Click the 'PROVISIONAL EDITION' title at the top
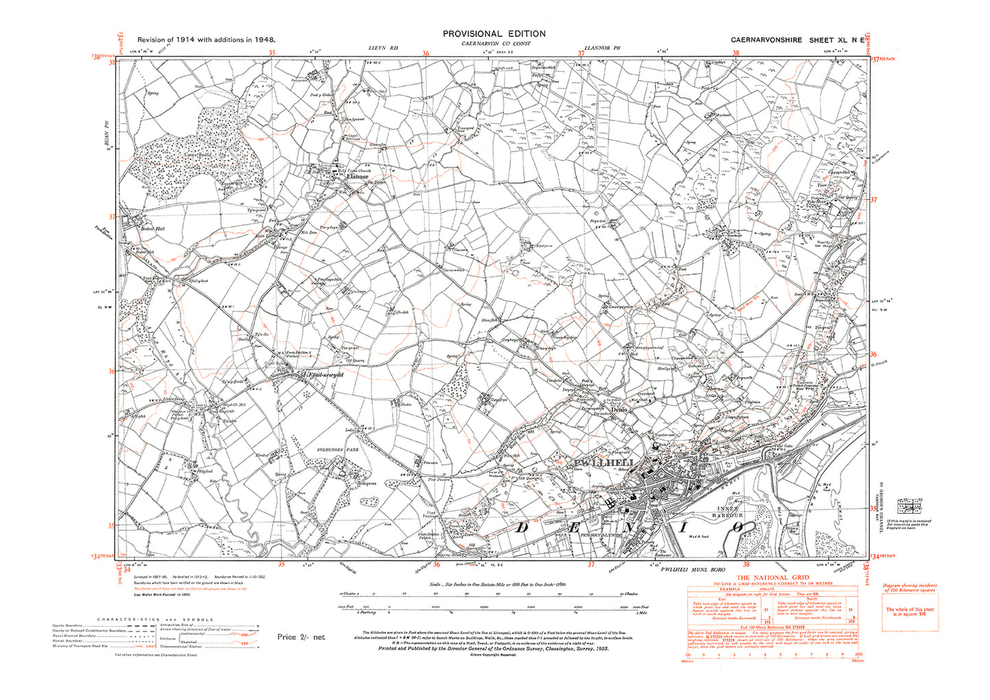[x=494, y=34]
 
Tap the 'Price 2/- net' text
[x=301, y=637]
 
